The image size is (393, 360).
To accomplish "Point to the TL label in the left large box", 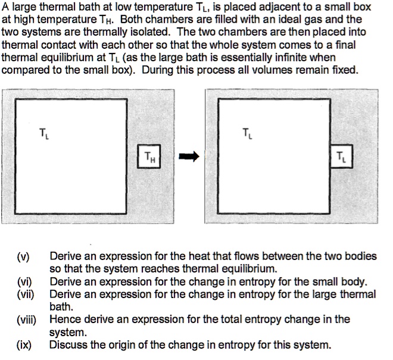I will click(x=43, y=133).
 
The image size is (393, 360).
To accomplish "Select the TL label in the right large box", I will click(x=247, y=132).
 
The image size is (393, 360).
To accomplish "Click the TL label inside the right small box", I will click(x=341, y=158).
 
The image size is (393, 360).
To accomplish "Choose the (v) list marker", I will click(x=23, y=256).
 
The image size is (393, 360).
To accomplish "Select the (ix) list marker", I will click(x=24, y=345).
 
